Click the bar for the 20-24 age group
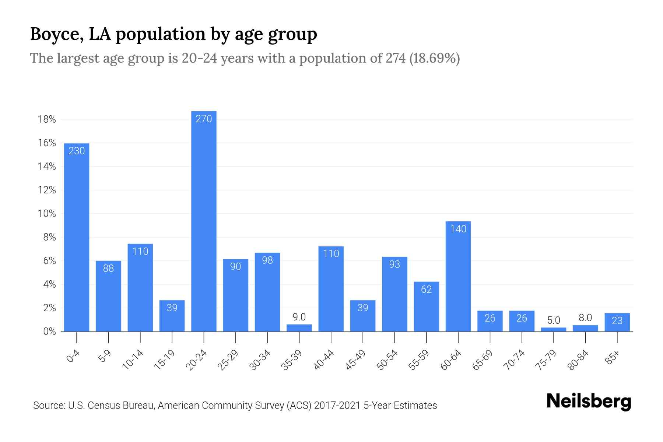click(x=204, y=221)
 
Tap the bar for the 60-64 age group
click(x=458, y=276)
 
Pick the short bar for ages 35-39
click(x=299, y=328)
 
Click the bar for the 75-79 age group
click(x=553, y=329)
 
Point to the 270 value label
click(x=204, y=119)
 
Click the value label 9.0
click(x=299, y=317)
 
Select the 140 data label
click(x=458, y=229)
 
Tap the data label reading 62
click(x=426, y=289)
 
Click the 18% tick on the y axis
click(x=47, y=119)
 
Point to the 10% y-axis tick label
click(x=47, y=214)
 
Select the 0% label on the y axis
click(x=49, y=331)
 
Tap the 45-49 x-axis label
click(x=355, y=360)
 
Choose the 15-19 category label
click(x=165, y=360)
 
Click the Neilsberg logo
click(x=589, y=401)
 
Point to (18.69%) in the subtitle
click(x=435, y=58)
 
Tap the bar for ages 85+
click(x=617, y=322)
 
